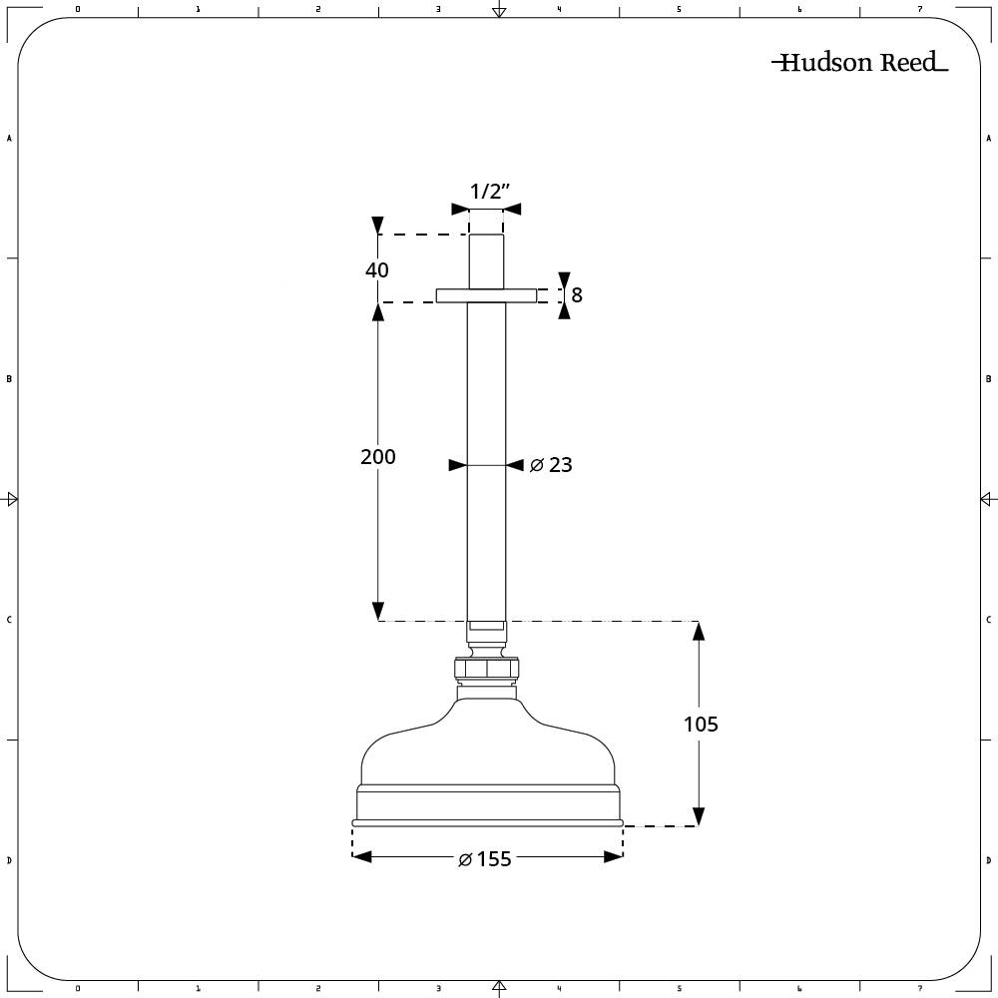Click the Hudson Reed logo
click(x=858, y=63)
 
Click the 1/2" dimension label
click(x=489, y=192)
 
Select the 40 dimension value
click(x=377, y=269)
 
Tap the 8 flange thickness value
click(x=577, y=295)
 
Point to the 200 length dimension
click(x=378, y=456)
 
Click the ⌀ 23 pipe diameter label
click(x=551, y=465)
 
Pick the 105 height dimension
click(x=701, y=724)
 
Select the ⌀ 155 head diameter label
click(x=486, y=859)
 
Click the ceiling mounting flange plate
click(x=486, y=295)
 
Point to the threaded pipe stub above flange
click(x=486, y=261)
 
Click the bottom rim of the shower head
click(x=487, y=823)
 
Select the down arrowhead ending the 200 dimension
click(x=378, y=611)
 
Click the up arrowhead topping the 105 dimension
click(x=698, y=632)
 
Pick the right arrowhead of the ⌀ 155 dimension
click(x=613, y=856)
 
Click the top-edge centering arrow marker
click(x=499, y=11)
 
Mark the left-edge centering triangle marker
click(x=11, y=498)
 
